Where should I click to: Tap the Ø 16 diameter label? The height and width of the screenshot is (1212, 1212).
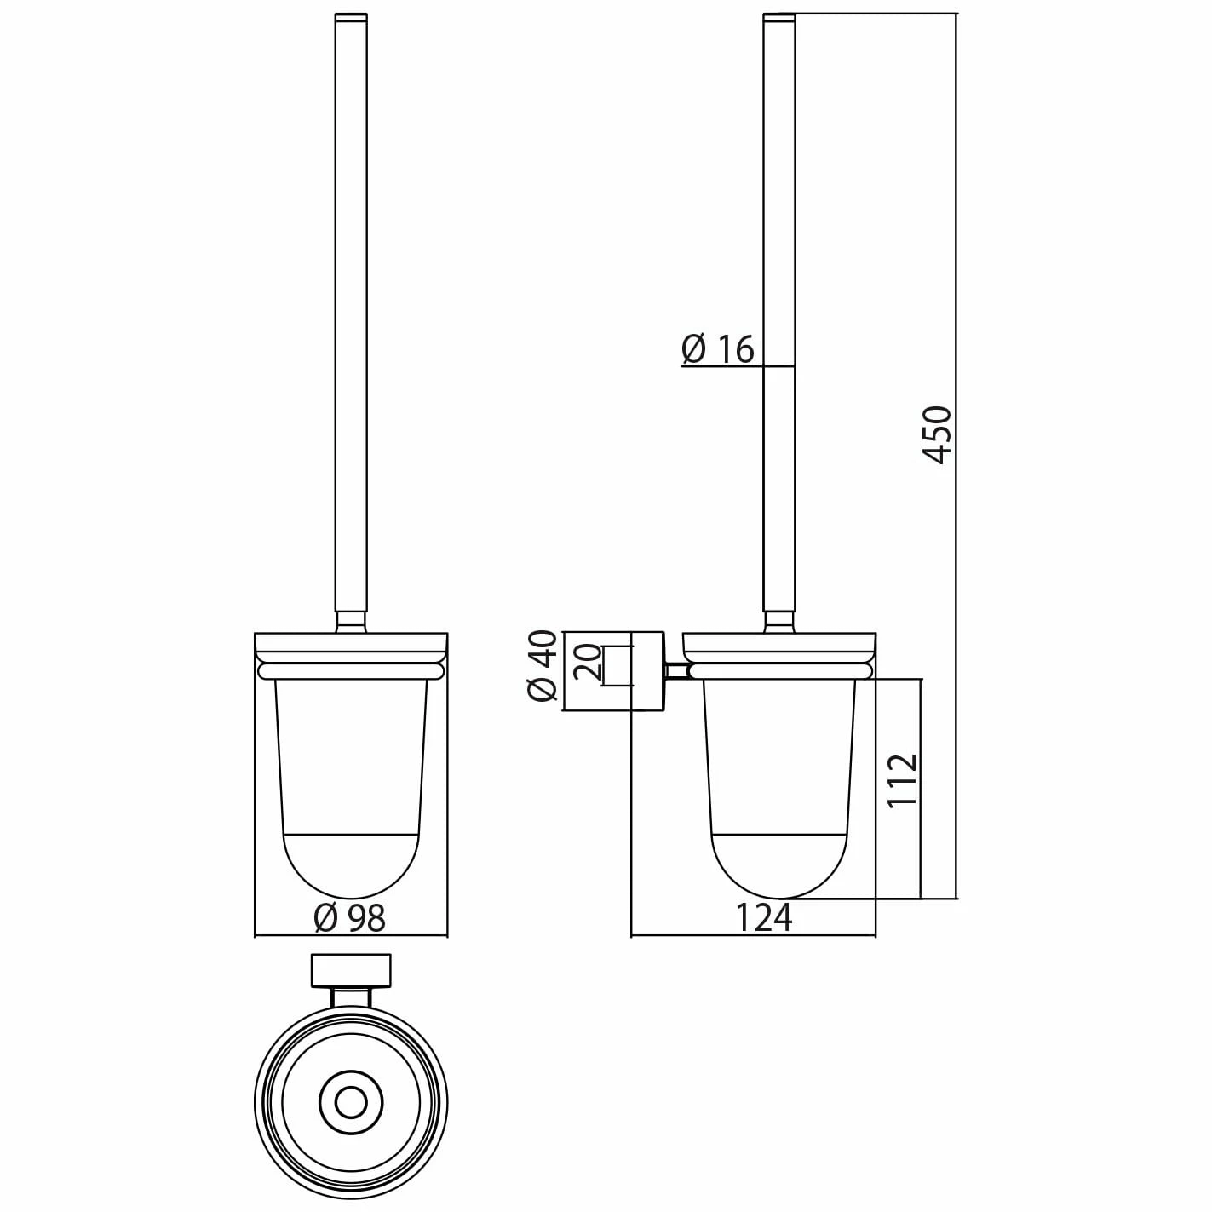pos(718,349)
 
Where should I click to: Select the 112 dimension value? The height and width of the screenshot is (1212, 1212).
pos(903,780)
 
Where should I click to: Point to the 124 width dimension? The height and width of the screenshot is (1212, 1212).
pos(763,917)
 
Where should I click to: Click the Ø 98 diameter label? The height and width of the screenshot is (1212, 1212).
pos(350,918)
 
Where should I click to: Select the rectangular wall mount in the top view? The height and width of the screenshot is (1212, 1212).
pos(351,971)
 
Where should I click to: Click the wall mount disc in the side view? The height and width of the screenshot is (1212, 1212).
pos(647,671)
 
